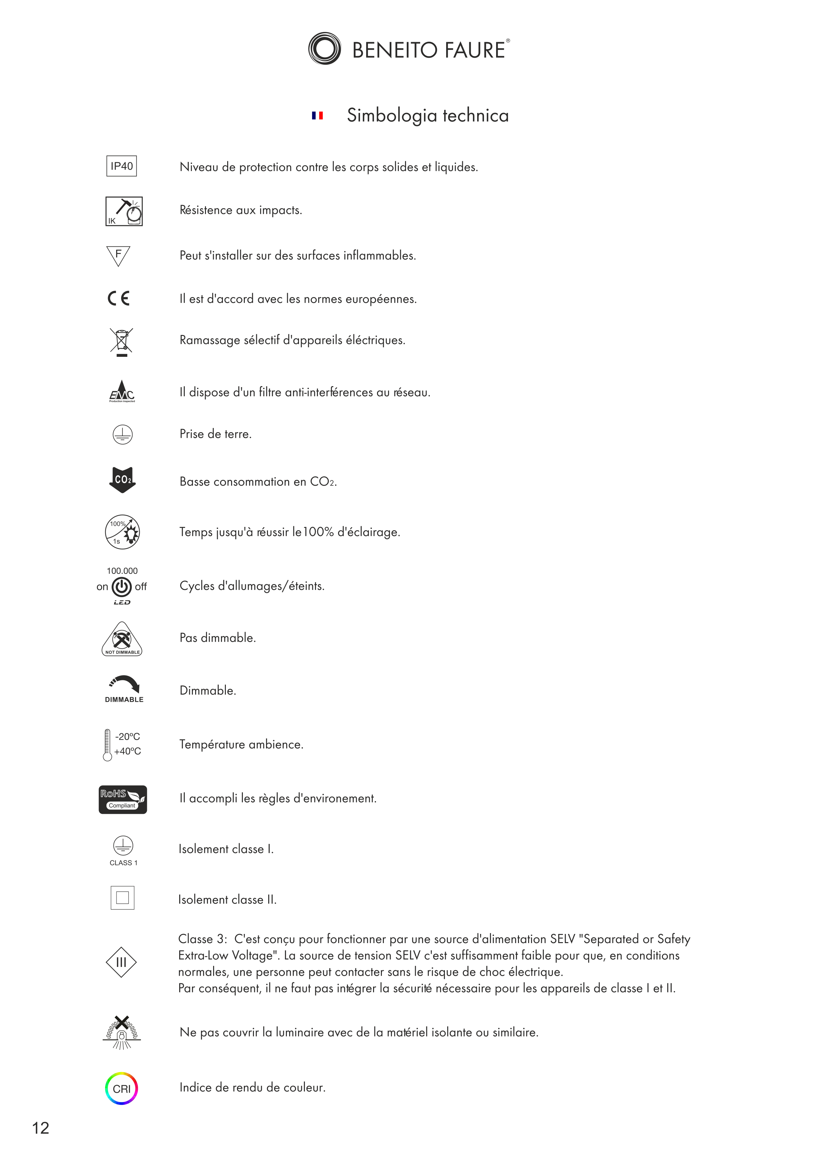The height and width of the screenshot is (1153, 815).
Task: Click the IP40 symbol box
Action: [121, 166]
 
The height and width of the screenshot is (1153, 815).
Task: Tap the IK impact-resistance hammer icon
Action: [124, 212]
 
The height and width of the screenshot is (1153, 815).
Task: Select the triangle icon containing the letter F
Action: [118, 256]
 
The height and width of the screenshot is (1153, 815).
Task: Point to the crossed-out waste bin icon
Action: [121, 341]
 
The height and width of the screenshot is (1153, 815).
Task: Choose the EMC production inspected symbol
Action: [122, 392]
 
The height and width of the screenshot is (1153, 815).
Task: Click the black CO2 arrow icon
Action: [122, 480]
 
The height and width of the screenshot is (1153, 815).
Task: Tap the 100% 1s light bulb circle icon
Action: [122, 532]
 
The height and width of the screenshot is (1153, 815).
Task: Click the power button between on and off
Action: [121, 587]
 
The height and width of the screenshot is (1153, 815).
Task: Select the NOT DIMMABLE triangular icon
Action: [122, 639]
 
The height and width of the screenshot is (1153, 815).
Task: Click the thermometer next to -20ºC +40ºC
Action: [107, 745]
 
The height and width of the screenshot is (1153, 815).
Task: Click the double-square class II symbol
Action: [122, 898]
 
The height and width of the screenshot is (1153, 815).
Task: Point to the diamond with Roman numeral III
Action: [121, 962]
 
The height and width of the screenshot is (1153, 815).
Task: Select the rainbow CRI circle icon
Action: [121, 1089]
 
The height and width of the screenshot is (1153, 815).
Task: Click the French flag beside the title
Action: [317, 116]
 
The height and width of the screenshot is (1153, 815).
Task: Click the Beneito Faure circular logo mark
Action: [324, 49]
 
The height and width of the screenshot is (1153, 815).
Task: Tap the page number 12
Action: [41, 1128]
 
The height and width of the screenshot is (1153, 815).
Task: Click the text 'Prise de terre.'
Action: [215, 434]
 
